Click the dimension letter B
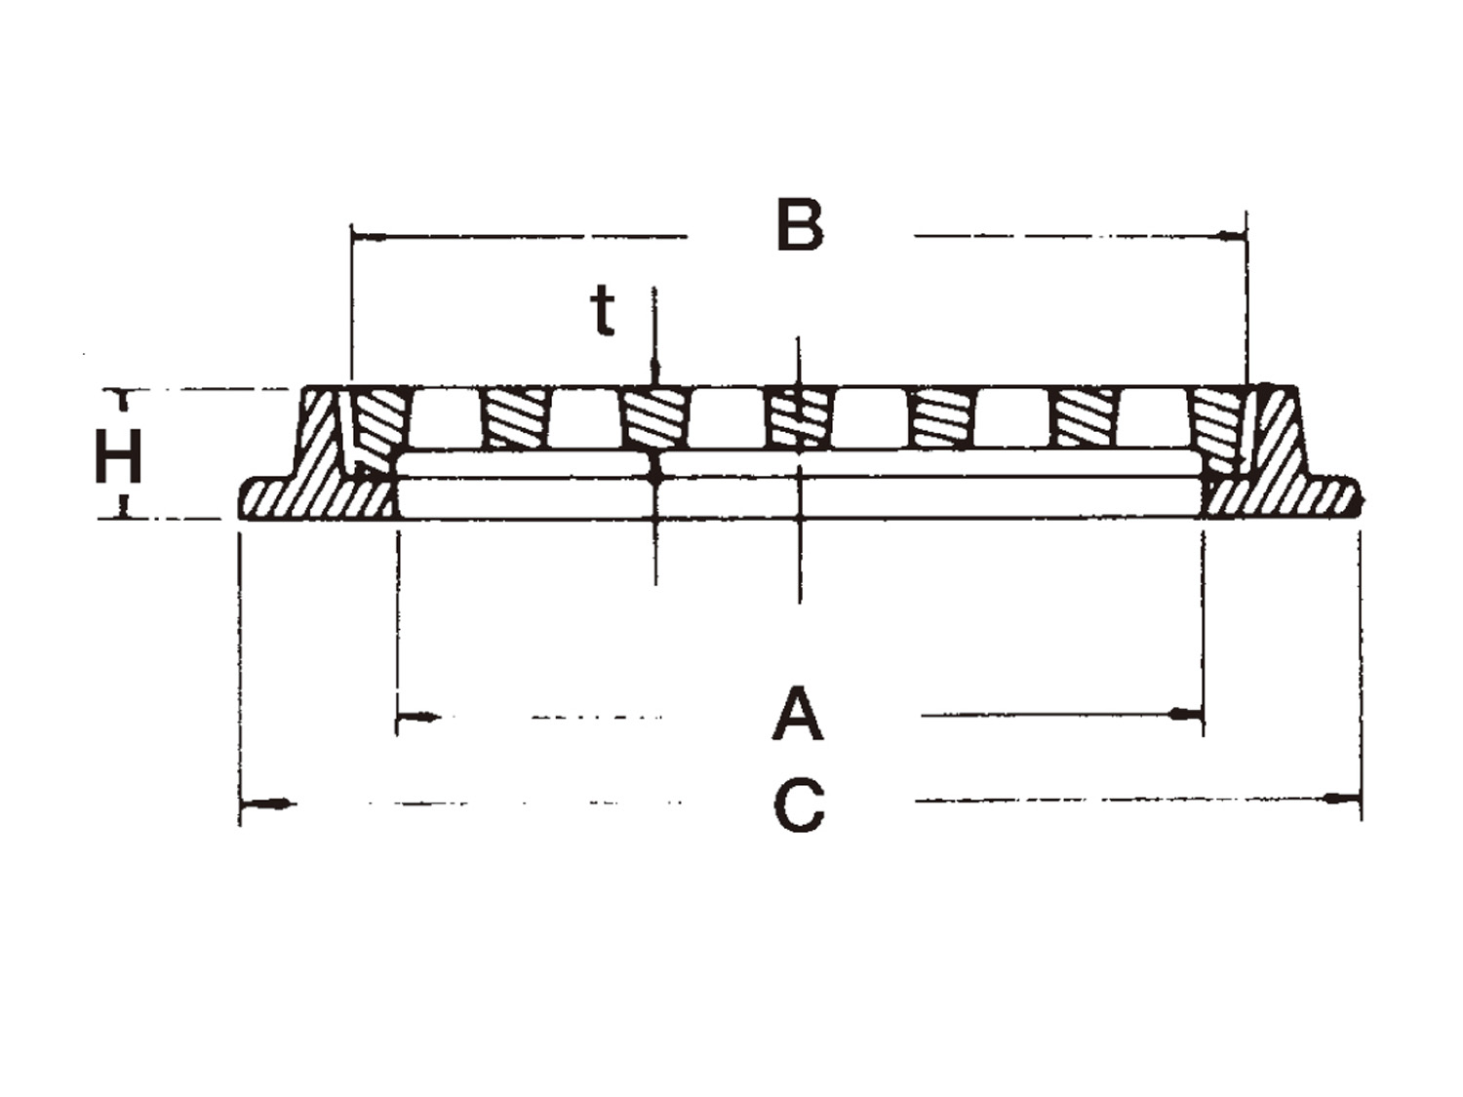pyautogui.click(x=800, y=224)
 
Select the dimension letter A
pyautogui.click(x=798, y=716)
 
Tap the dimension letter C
pyautogui.click(x=799, y=806)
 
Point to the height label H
pyautogui.click(x=119, y=455)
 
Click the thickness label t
pyautogui.click(x=602, y=310)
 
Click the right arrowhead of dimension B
pyautogui.click(x=1231, y=235)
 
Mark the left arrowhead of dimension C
pyautogui.click(x=267, y=804)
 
